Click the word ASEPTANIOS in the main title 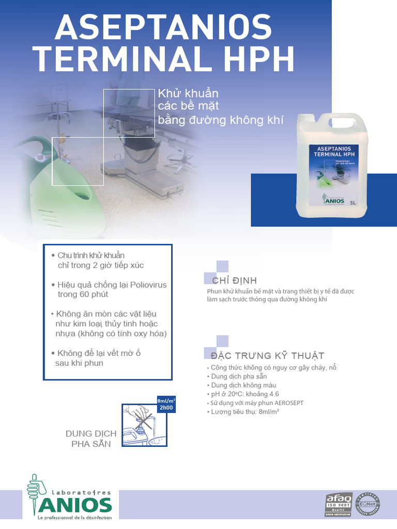point(163,27)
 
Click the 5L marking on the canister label point(353,203)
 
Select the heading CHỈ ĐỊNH point(234,281)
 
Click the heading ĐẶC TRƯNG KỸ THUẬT point(267,355)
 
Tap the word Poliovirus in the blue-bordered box point(148,285)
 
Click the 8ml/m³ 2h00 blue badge point(166,404)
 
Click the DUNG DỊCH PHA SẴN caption point(91,439)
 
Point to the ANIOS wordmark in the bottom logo point(76,504)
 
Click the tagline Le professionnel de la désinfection point(75,518)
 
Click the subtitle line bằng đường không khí point(221,120)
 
